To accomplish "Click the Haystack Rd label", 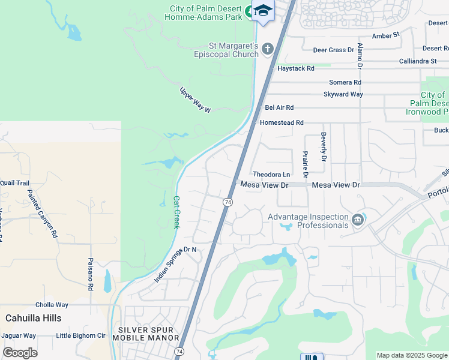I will pyautogui.click(x=296, y=68).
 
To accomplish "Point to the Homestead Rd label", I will pyautogui.click(x=282, y=122).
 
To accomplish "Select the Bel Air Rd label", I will pyautogui.click(x=279, y=107).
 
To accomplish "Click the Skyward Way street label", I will pyautogui.click(x=343, y=94).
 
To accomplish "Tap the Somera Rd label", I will pyautogui.click(x=345, y=82).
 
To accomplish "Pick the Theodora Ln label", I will pyautogui.click(x=271, y=174).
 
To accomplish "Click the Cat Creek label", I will pyautogui.click(x=176, y=212).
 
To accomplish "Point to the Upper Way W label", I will pyautogui.click(x=196, y=100).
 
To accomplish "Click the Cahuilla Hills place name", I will pyautogui.click(x=33, y=317).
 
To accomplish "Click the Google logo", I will pyautogui.click(x=20, y=353).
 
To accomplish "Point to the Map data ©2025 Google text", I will pyautogui.click(x=412, y=355).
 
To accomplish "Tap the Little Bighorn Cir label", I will pyautogui.click(x=80, y=335).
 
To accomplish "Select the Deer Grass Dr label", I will pyautogui.click(x=334, y=50).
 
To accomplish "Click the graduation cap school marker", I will pyautogui.click(x=262, y=11).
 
